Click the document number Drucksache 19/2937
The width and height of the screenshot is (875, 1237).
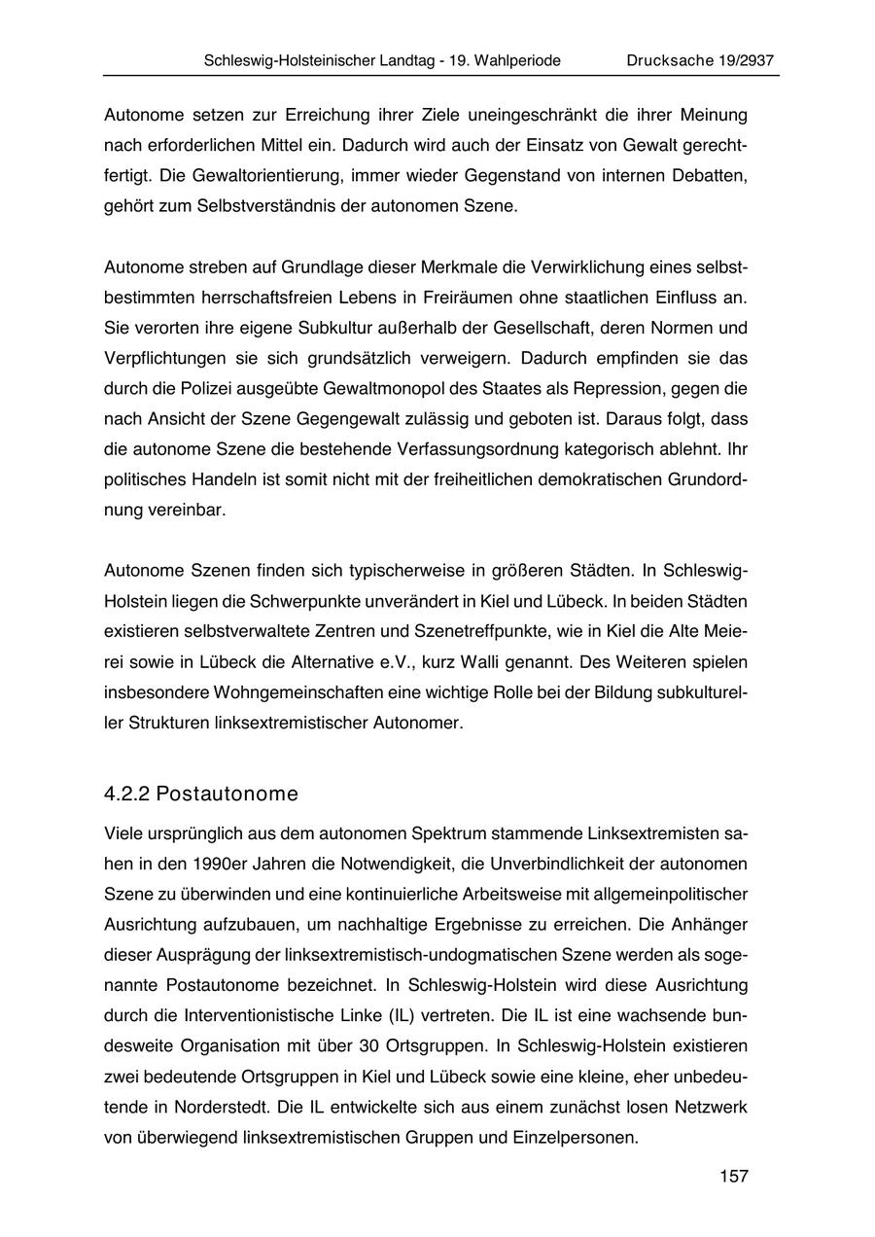[x=700, y=60]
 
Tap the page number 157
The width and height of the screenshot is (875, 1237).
[x=734, y=1177]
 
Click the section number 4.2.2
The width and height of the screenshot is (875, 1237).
[x=126, y=794]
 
